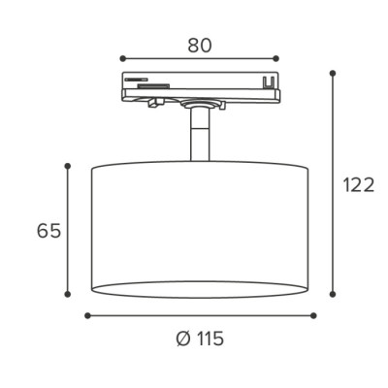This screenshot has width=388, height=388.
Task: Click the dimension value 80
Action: pyautogui.click(x=200, y=46)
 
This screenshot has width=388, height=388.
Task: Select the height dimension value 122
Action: pyautogui.click(x=358, y=185)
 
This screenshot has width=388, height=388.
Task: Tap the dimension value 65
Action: pyautogui.click(x=48, y=231)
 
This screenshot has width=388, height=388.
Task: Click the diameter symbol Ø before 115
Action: pyautogui.click(x=182, y=339)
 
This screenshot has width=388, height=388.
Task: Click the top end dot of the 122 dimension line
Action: pyautogui.click(x=333, y=73)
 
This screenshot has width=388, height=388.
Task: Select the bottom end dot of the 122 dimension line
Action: pyautogui.click(x=333, y=295)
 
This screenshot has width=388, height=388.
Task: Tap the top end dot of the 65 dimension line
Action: pyautogui.click(x=68, y=167)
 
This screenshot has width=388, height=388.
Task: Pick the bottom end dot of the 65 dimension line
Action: pyautogui.click(x=68, y=295)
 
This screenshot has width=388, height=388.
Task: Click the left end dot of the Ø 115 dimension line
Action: pyautogui.click(x=87, y=315)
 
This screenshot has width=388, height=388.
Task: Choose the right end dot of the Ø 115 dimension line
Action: pyautogui.click(x=312, y=315)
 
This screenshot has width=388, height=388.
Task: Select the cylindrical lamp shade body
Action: pyautogui.click(x=200, y=223)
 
